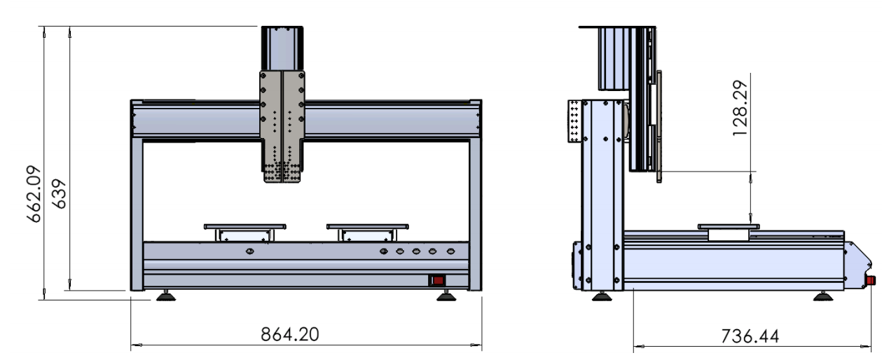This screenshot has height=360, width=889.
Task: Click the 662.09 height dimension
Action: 34,194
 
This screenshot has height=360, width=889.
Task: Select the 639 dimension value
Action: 60,194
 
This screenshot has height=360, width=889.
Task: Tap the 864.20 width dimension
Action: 290,335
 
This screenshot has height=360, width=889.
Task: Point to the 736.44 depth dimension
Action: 750,336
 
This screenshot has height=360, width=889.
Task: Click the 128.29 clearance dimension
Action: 740,109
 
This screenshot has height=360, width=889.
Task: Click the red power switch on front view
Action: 437,281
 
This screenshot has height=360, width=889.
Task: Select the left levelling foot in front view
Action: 166,296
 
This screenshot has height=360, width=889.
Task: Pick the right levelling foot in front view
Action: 446,296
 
